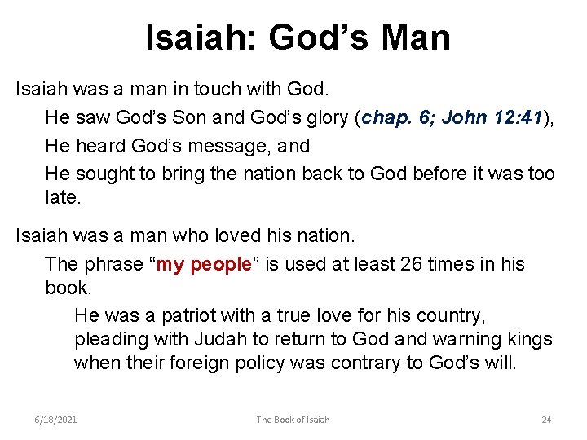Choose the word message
coord(231,146)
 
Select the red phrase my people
coord(203,265)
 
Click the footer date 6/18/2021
coord(56,420)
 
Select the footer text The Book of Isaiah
coord(293,420)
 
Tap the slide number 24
coord(546,420)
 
